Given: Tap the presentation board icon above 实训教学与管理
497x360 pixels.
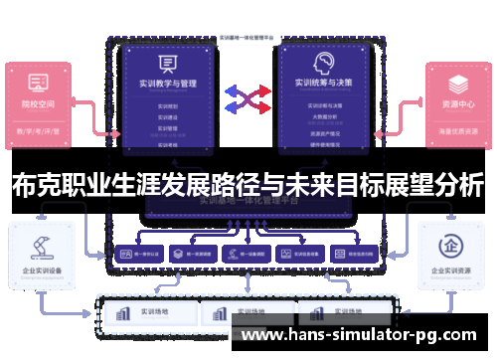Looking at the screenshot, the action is [167, 63].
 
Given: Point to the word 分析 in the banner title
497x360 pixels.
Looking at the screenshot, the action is [461, 184].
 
